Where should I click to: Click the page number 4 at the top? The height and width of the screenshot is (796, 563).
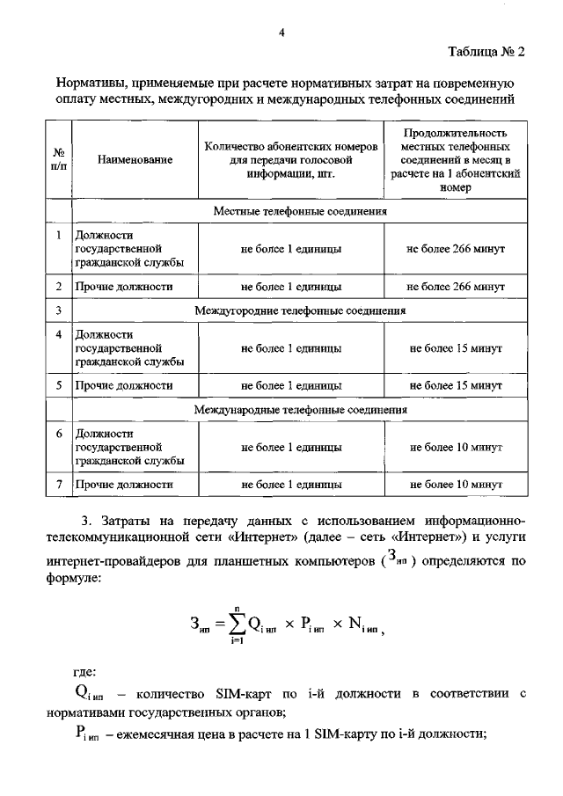click(281, 33)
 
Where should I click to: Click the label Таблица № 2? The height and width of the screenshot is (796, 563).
click(484, 51)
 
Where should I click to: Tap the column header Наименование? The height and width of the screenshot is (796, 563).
click(135, 160)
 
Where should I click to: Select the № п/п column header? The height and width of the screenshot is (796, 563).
click(57, 160)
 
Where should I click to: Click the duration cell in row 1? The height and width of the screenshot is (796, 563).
click(456, 249)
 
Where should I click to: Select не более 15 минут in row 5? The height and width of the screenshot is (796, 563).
click(456, 385)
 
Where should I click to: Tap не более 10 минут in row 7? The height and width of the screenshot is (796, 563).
click(456, 484)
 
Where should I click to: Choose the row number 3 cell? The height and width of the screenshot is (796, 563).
click(57, 310)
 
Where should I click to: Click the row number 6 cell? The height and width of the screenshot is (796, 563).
click(57, 434)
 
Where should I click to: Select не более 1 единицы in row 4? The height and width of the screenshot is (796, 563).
click(291, 348)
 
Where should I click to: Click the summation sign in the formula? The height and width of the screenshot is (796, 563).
click(235, 623)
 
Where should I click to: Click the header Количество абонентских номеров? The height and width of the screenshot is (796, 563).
click(291, 147)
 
